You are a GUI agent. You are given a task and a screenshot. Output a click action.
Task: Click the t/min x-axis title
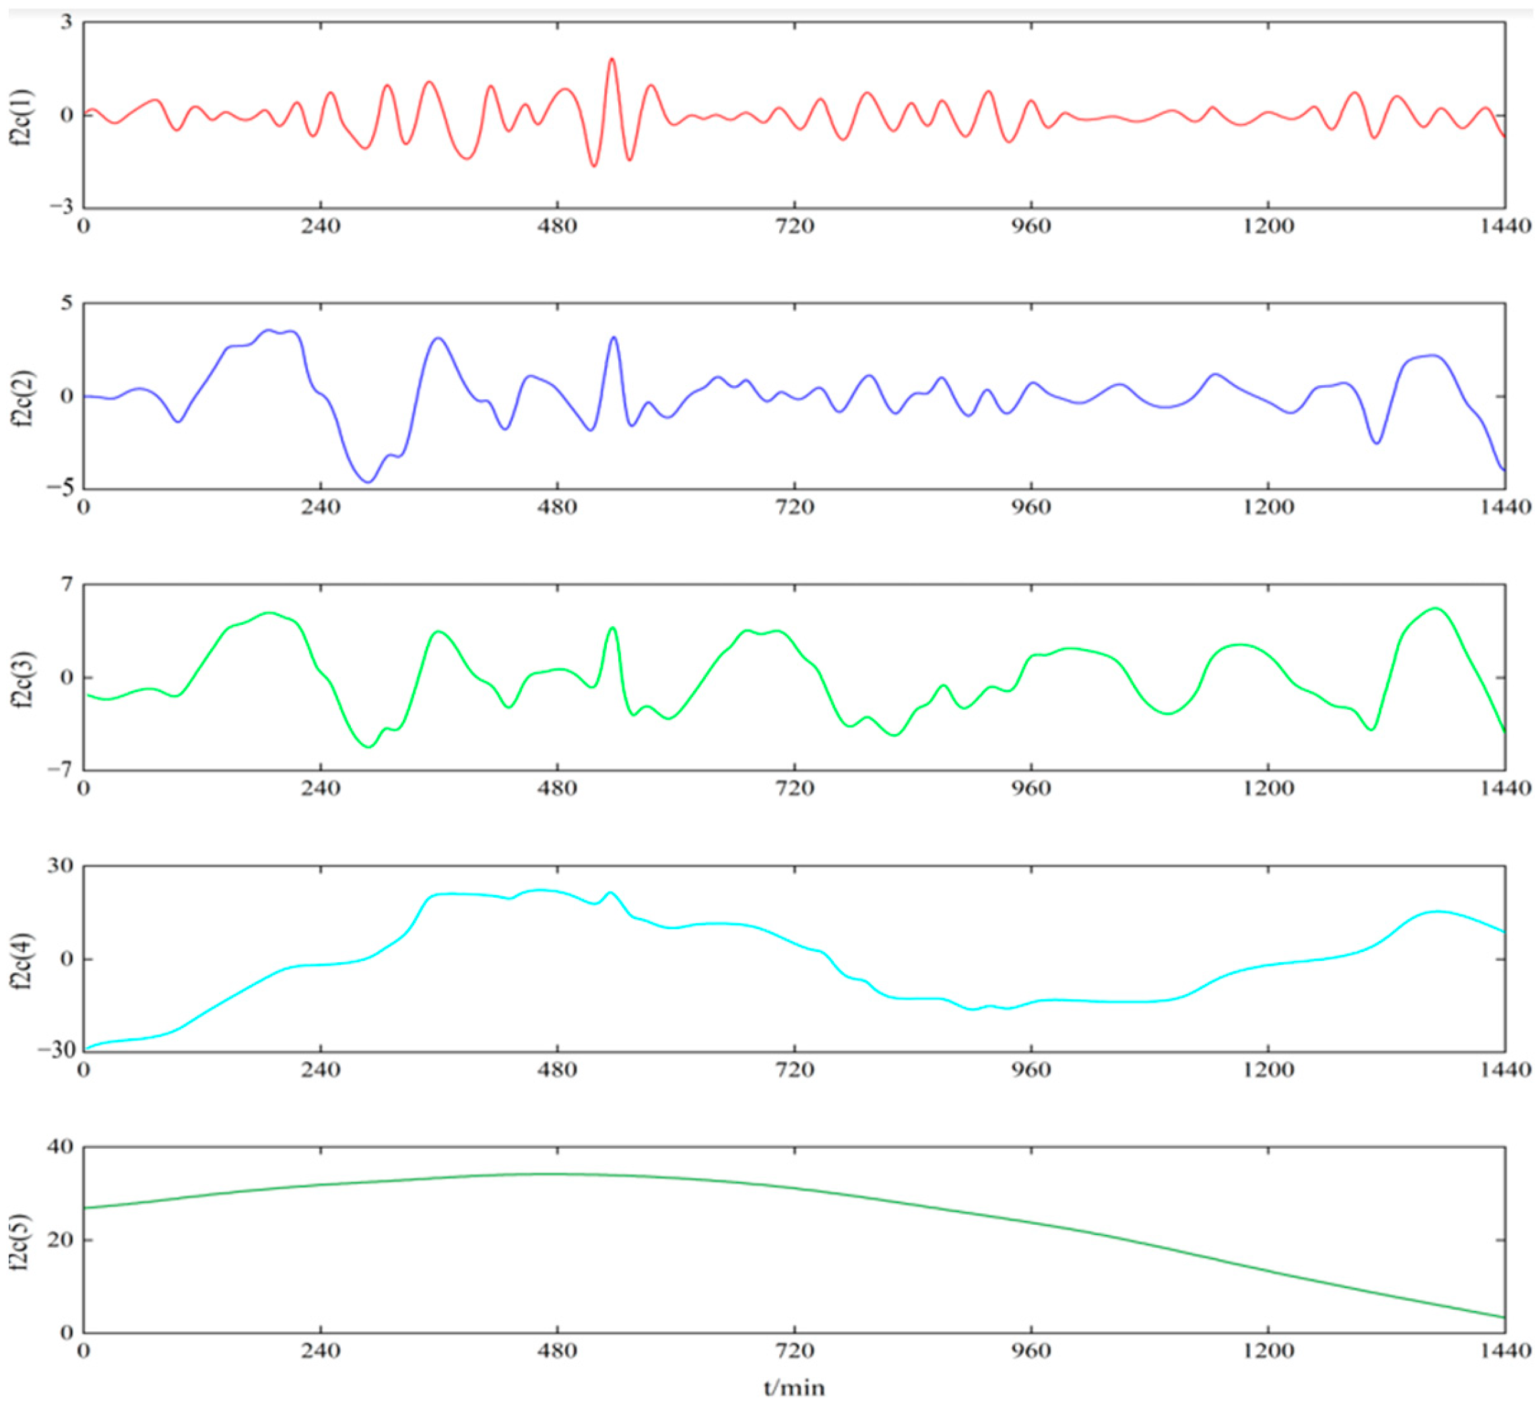(793, 1387)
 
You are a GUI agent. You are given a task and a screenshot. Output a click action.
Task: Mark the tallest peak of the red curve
(612, 59)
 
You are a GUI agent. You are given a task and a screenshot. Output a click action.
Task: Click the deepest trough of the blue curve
(368, 481)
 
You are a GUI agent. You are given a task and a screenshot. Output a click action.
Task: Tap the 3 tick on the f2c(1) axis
(67, 23)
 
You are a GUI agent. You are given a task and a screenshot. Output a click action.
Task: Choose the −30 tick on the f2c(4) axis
(55, 1051)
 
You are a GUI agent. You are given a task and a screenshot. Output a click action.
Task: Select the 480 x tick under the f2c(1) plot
(557, 226)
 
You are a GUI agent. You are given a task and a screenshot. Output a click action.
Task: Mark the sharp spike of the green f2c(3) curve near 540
(612, 628)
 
